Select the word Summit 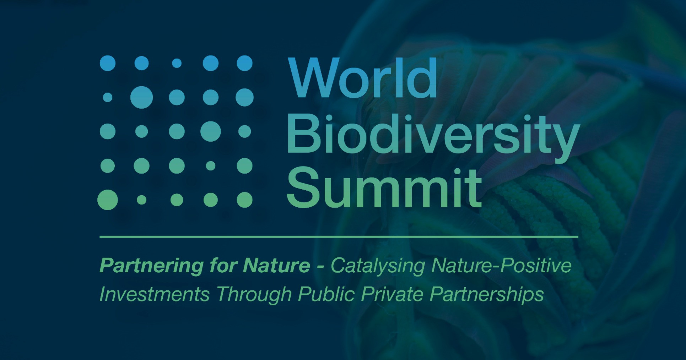tap(384, 188)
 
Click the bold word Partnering tap(151, 266)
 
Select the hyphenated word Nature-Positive tap(501, 266)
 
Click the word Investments tap(154, 294)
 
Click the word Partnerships tap(487, 295)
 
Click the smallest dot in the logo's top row tap(177, 64)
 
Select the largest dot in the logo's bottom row tap(108, 200)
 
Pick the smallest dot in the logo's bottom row tap(141, 200)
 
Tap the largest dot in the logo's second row tap(141, 97)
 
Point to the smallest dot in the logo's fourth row tap(211, 166)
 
